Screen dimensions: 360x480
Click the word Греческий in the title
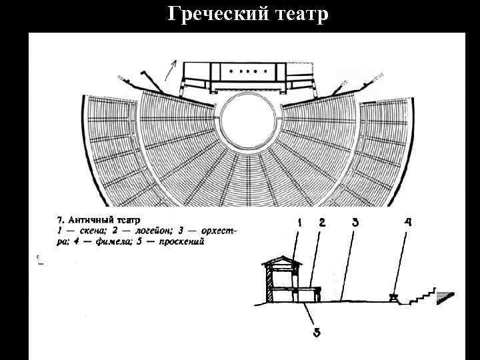click(x=211, y=14)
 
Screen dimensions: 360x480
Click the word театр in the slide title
click(x=294, y=14)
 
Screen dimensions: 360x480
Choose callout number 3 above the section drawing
click(x=355, y=224)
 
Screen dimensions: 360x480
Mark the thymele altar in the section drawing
click(x=393, y=297)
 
